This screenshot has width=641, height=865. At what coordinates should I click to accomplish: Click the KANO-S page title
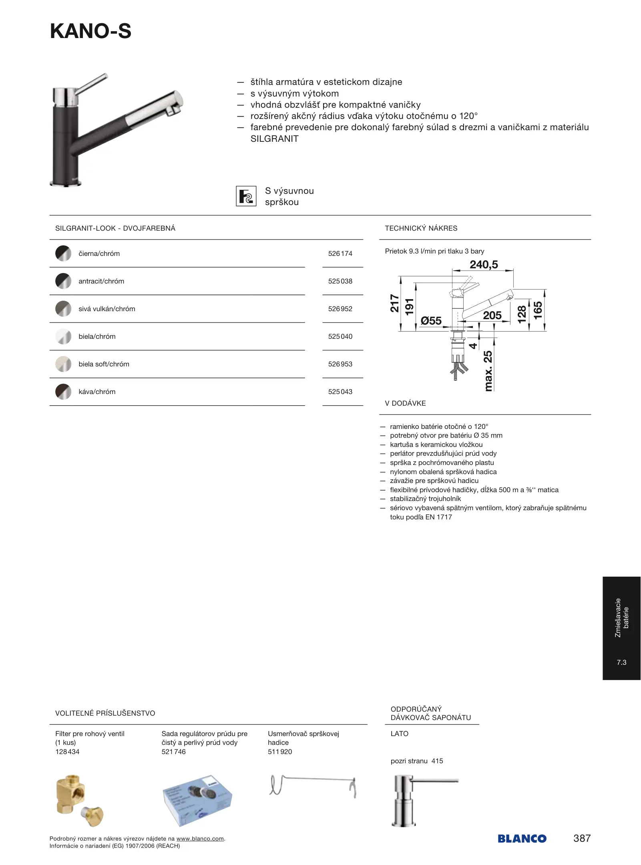tap(91, 31)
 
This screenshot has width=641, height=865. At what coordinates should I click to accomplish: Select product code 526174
tap(340, 253)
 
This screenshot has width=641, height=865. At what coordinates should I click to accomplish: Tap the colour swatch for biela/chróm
tap(63, 336)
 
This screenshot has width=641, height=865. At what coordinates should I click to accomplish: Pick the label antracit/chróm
tap(101, 281)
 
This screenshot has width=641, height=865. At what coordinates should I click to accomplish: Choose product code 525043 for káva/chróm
tap(340, 392)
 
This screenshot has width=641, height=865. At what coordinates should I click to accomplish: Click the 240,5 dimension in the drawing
tap(484, 265)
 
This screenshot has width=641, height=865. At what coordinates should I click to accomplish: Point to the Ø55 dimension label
tap(431, 321)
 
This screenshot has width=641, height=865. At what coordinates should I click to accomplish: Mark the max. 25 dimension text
tap(488, 371)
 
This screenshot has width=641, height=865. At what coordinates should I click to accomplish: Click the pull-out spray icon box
tap(246, 196)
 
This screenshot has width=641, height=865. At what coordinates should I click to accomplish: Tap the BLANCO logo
tap(522, 839)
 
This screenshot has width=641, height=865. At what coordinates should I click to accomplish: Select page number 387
tap(582, 838)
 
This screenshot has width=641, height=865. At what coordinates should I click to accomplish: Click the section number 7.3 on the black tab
tap(621, 662)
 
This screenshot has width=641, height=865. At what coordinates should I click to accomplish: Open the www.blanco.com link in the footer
tap(200, 839)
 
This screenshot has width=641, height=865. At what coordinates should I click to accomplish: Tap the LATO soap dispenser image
tap(416, 800)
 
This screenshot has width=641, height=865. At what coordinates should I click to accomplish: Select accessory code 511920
tap(280, 752)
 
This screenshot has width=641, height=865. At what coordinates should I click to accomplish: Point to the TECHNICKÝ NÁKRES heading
tap(421, 228)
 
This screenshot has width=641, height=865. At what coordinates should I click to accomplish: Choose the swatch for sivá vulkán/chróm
tap(63, 309)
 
